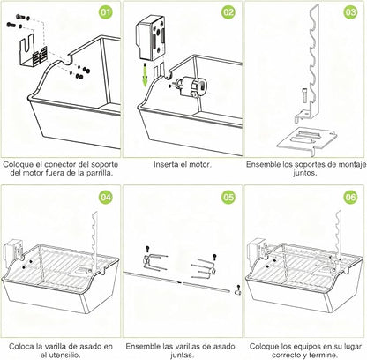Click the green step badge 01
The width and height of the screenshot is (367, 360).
coord(106,12)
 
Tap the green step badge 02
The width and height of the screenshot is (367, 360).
coord(228,12)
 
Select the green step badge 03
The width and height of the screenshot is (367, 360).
coord(350,12)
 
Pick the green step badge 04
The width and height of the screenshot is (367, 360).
coord(106,197)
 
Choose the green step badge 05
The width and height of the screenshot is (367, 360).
coord(228,197)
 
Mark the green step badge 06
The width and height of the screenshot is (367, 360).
coord(350,197)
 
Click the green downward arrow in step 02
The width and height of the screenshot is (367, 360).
coord(145,74)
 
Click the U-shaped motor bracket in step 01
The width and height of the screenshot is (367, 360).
coord(33,52)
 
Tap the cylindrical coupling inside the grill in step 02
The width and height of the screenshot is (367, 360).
coord(193,86)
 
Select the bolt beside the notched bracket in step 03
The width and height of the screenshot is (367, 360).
coord(304,94)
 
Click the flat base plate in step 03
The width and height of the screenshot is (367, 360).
coord(306,140)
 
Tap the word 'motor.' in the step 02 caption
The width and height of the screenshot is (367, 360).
coord(200,164)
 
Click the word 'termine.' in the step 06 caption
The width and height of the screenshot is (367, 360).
coord(326,355)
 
